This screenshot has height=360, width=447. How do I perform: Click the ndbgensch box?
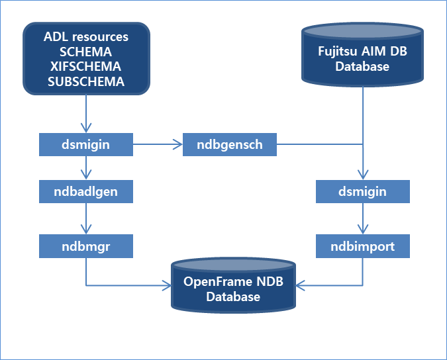(229, 144)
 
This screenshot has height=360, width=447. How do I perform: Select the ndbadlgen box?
(86, 192)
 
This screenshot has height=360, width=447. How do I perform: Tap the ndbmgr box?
(86, 247)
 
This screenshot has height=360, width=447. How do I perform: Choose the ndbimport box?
(362, 247)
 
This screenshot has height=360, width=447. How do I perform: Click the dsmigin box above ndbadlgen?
(86, 144)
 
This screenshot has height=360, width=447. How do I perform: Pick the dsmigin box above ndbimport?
(362, 192)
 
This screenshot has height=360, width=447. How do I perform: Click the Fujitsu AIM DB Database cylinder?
(362, 59)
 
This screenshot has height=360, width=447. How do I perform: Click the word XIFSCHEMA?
(86, 66)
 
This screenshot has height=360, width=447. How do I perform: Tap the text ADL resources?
(86, 37)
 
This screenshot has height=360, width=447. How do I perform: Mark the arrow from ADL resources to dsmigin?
(86, 113)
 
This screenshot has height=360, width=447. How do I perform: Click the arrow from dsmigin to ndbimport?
(362, 219)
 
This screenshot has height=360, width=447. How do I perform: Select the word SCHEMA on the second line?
(86, 52)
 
